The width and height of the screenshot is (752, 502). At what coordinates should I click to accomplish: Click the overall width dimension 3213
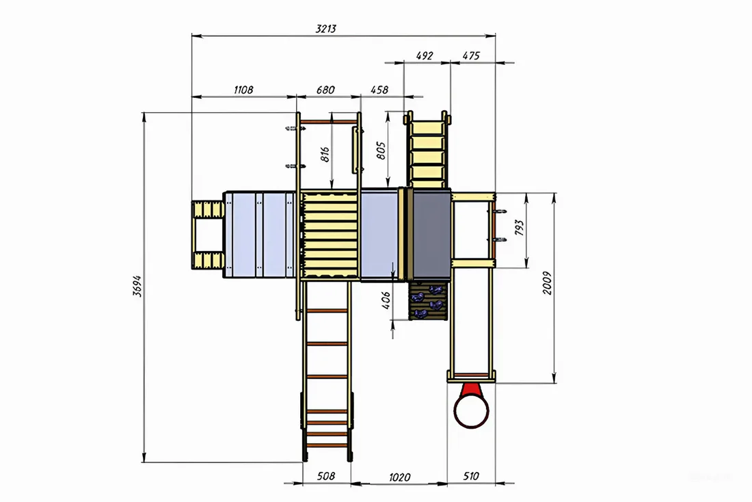pyautogui.click(x=326, y=28)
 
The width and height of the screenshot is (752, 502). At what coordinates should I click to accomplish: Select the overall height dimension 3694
pyautogui.click(x=137, y=287)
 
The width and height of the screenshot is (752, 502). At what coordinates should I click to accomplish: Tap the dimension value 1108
pyautogui.click(x=243, y=90)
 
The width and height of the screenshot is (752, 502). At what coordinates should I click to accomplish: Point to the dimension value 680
pyautogui.click(x=325, y=90)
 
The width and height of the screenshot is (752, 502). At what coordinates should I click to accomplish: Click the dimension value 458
pyautogui.click(x=379, y=90)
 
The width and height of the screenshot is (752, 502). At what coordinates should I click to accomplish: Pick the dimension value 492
pyautogui.click(x=425, y=55)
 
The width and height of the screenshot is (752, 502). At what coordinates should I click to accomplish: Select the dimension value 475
pyautogui.click(x=470, y=55)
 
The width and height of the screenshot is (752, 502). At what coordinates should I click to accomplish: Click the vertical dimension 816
pyautogui.click(x=325, y=155)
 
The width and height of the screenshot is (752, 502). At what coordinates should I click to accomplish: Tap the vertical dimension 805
pyautogui.click(x=381, y=150)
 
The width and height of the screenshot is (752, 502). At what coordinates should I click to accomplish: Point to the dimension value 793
pyautogui.click(x=520, y=228)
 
